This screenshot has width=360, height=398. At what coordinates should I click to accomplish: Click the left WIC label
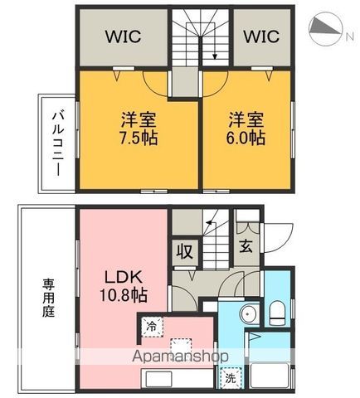click(x=122, y=37)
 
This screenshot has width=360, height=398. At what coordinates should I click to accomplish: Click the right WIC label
click(x=261, y=37)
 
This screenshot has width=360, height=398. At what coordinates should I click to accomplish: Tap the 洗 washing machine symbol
click(x=229, y=377)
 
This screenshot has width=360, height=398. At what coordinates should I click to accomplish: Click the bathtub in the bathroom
click(x=269, y=375)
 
